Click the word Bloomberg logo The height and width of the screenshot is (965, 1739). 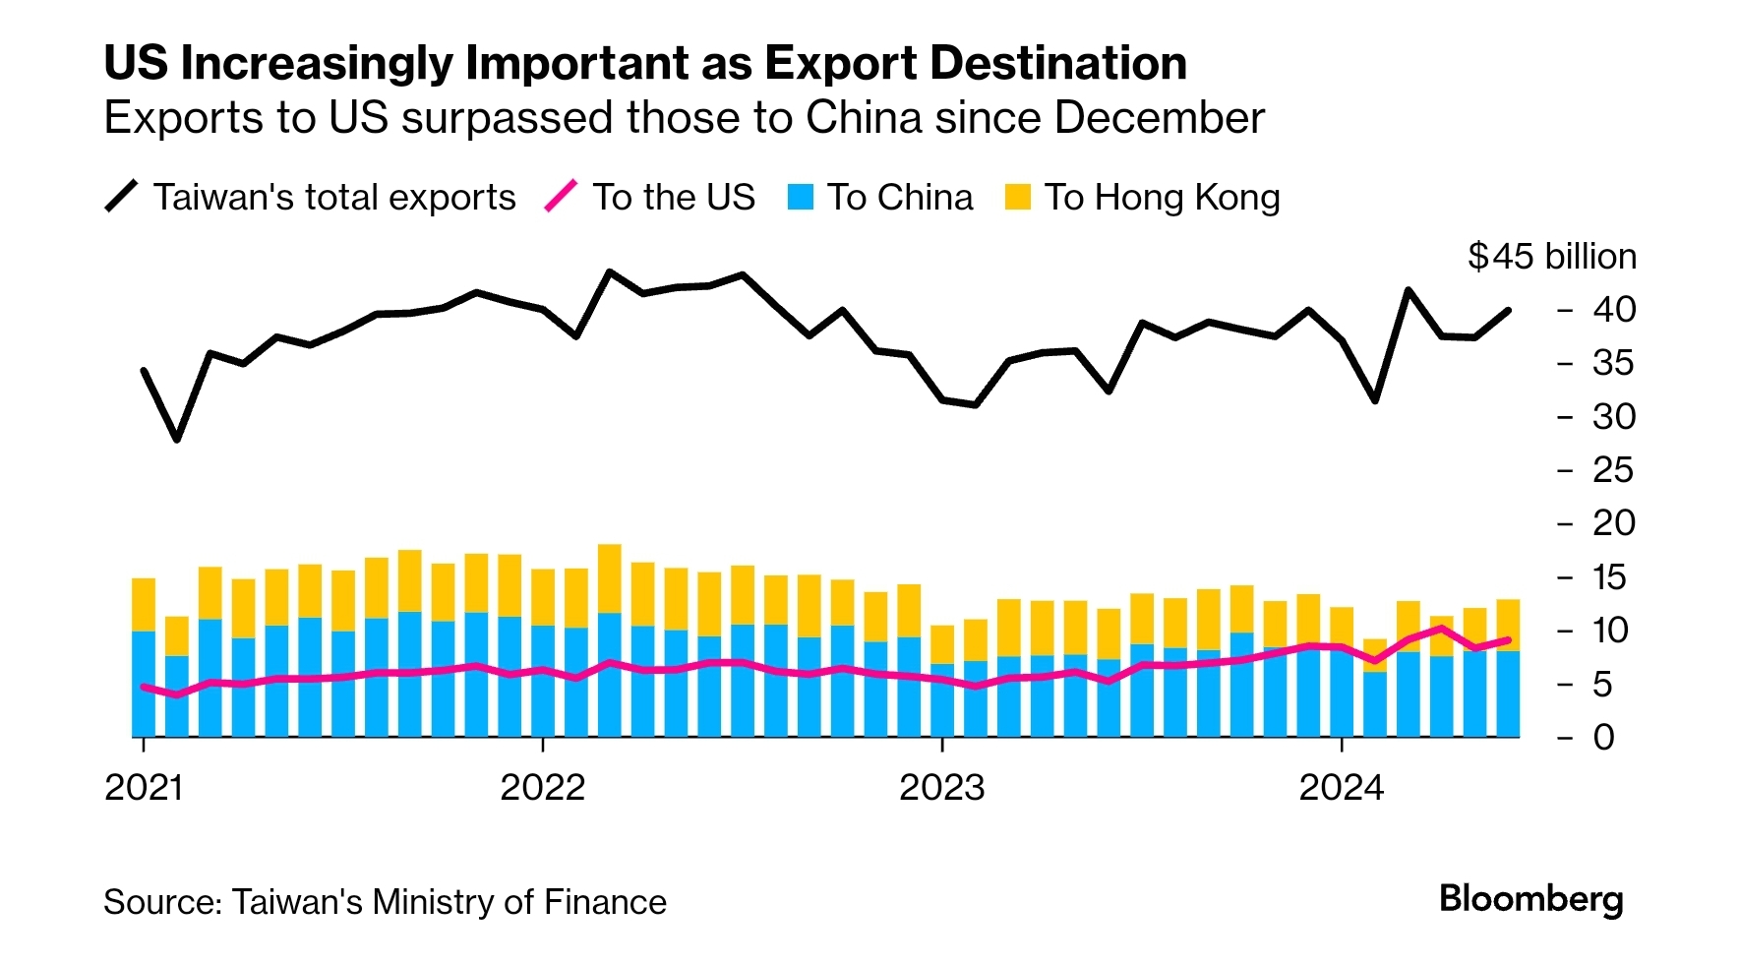tap(1530, 899)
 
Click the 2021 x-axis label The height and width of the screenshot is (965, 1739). tap(144, 788)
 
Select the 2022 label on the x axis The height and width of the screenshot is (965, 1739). tap(542, 788)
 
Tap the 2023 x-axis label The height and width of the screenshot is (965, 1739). tap(941, 788)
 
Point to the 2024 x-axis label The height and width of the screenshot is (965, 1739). tap(1341, 788)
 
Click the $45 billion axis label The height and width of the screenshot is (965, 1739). tap(1552, 257)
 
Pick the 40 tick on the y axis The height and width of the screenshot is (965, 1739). tap(1614, 310)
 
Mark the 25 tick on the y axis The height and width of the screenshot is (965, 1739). tap(1614, 470)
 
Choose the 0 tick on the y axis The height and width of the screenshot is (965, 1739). tap(1604, 737)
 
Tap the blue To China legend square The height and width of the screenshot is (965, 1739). tap(801, 198)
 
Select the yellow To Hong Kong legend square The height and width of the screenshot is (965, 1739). tap(1018, 198)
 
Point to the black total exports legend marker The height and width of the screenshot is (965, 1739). tap(122, 197)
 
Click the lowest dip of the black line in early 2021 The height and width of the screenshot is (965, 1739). tap(177, 439)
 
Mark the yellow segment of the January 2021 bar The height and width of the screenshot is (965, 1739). tap(144, 604)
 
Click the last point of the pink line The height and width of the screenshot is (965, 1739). tap(1508, 640)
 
